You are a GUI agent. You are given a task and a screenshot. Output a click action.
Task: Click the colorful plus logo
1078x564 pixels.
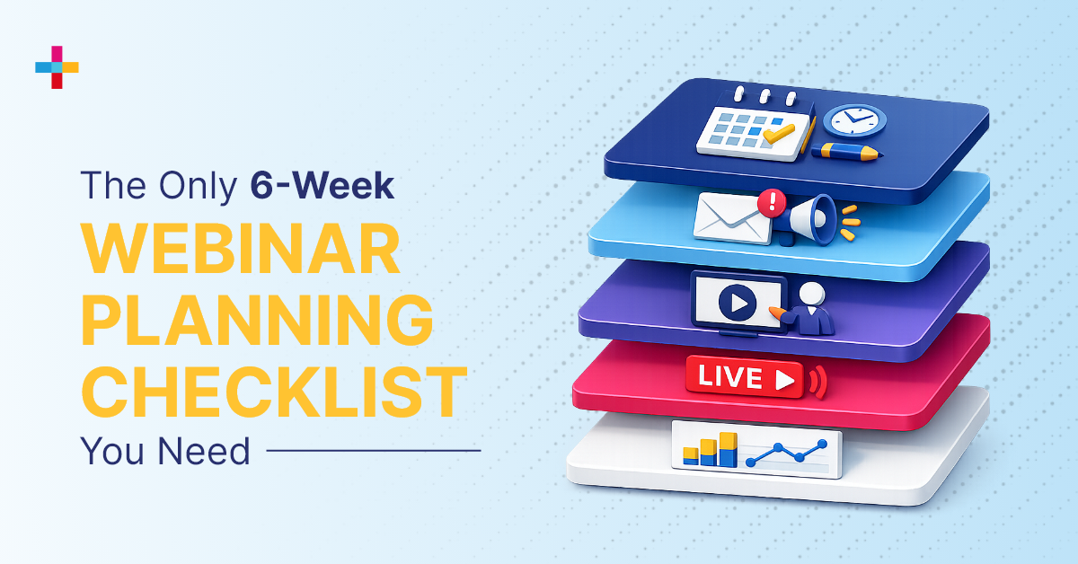(x=57, y=67)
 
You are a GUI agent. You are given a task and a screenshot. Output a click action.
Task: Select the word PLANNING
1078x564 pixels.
(x=256, y=321)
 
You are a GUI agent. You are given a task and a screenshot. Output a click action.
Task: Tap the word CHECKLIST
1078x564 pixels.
(x=274, y=392)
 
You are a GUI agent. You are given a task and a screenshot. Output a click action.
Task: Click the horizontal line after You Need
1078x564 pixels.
(x=374, y=451)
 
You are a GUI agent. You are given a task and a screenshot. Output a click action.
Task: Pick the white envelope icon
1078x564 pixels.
(x=731, y=219)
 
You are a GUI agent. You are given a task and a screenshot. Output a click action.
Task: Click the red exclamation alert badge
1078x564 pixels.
(x=769, y=201)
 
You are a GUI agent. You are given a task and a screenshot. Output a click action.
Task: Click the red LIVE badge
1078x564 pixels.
(x=744, y=377)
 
